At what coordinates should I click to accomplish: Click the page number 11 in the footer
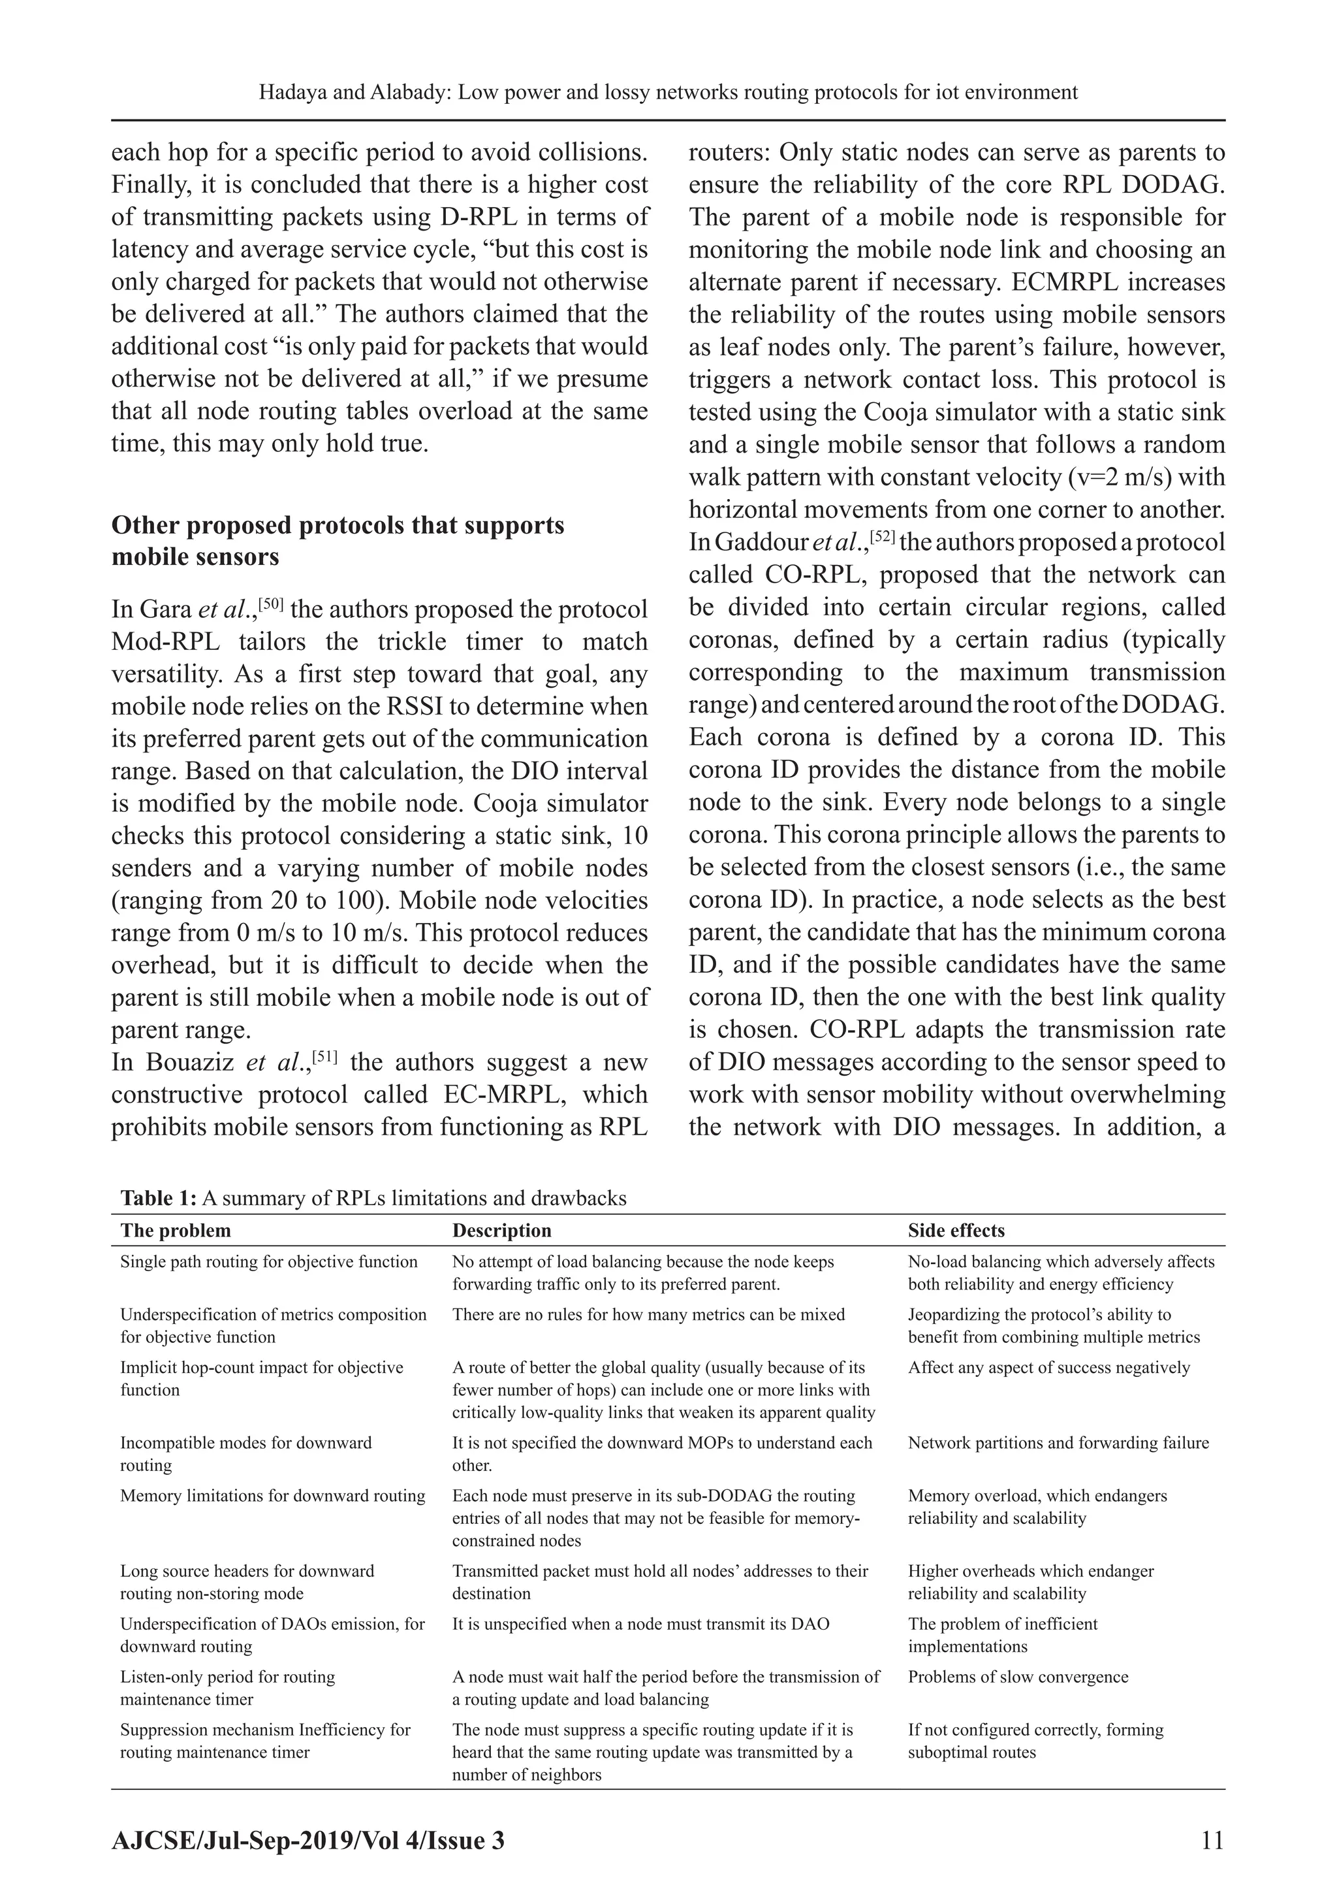(1212, 1840)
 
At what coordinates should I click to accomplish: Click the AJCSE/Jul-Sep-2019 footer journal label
(308, 1840)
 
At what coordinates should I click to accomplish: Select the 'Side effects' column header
(956, 1231)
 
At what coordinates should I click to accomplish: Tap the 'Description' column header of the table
(501, 1231)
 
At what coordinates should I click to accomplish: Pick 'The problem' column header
(176, 1231)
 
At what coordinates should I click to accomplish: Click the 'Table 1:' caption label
(159, 1197)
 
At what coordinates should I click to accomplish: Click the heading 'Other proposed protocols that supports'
(338, 525)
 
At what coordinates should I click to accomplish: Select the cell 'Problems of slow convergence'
(1018, 1676)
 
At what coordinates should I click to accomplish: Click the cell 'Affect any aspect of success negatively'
(1049, 1367)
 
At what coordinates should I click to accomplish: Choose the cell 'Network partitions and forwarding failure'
(1058, 1442)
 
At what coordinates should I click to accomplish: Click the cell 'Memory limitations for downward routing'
(272, 1495)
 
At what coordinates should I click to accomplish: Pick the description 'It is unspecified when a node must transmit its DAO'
(640, 1623)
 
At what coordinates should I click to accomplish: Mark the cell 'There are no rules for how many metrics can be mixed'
(648, 1314)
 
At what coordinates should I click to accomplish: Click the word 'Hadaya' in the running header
(289, 92)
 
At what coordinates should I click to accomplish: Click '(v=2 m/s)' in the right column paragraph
(1010, 477)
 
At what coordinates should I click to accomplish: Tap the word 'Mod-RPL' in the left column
(166, 641)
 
